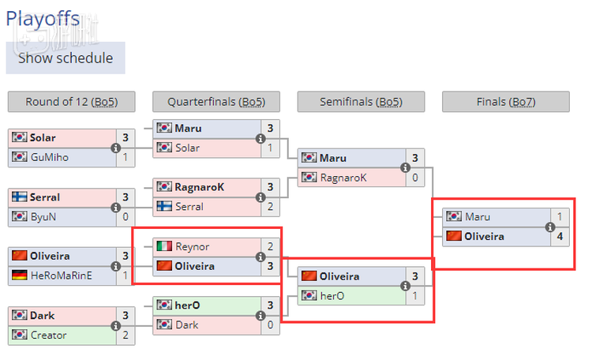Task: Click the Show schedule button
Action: coord(66,58)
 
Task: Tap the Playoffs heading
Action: coord(43,18)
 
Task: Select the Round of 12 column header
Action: coord(71,102)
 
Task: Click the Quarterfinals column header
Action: coord(215,102)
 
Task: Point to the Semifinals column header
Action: coord(361,102)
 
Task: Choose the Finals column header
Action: coord(506,102)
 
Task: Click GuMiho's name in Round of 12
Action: coord(50,157)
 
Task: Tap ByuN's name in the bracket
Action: coord(43,216)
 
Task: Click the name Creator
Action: coord(48,335)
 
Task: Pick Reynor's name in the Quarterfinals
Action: coord(193,246)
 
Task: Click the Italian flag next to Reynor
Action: coord(164,246)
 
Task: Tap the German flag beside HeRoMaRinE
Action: coord(20,276)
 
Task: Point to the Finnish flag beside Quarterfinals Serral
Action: coord(164,206)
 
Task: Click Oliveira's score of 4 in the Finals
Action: coord(560,236)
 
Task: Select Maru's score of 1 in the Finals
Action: coord(560,216)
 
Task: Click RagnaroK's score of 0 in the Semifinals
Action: coord(415,178)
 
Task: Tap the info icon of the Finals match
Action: coord(550,227)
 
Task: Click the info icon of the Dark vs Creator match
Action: coord(116,325)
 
